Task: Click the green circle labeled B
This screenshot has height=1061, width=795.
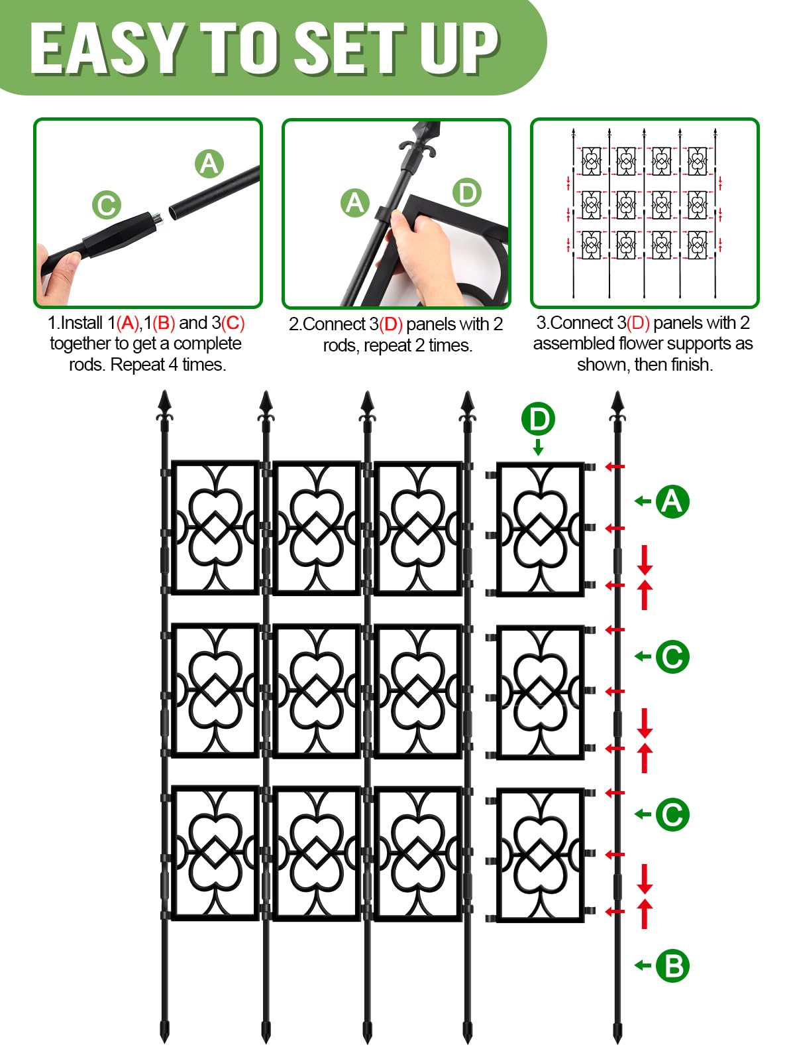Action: point(672,966)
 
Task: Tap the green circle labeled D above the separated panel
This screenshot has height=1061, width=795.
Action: point(538,419)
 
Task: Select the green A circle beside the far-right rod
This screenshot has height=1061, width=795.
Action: point(672,501)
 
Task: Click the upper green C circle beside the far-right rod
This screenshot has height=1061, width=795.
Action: point(672,656)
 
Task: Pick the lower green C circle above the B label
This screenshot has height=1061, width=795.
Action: point(672,814)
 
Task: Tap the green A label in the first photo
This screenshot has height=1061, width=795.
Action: point(209,164)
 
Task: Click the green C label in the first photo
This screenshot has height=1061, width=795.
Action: point(107,205)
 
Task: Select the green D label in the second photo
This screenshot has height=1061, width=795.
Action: point(467,193)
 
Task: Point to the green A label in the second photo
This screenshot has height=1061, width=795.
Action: point(355,203)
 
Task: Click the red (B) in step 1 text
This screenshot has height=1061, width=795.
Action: point(164,323)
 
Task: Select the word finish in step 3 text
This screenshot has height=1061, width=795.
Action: point(691,365)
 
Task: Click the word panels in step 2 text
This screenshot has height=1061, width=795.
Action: point(431,324)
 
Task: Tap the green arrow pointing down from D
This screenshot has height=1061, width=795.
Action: point(538,447)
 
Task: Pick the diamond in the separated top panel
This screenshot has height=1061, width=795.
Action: point(541,529)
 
